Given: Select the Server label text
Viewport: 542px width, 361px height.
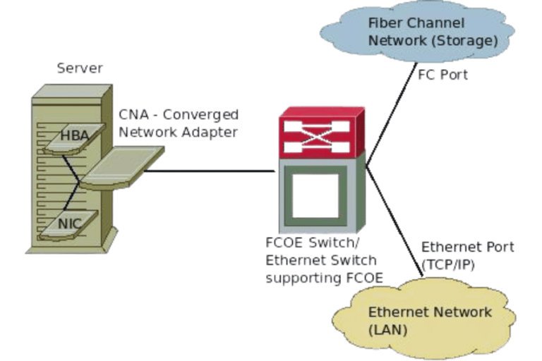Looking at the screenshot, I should coord(79,69).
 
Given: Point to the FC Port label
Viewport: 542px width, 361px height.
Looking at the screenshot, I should coord(443,74).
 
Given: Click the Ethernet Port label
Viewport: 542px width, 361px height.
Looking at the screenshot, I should coord(467,247).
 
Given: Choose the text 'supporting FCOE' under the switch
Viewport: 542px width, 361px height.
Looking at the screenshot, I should coord(323,278).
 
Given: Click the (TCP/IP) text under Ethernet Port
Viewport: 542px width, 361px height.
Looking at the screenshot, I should coord(449,264).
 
